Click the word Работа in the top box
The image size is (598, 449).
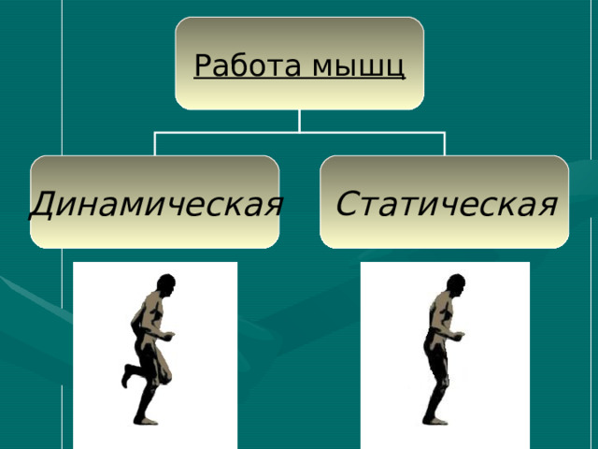tap(248, 65)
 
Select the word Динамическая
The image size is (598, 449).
tap(156, 204)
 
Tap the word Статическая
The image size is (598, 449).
tap(447, 204)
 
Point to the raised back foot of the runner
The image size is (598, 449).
tap(127, 375)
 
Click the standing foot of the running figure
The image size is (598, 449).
tap(146, 421)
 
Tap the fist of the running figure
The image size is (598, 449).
tap(168, 336)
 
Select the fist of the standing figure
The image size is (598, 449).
tap(459, 336)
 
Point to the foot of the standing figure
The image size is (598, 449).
tap(435, 421)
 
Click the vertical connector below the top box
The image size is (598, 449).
tap(299, 121)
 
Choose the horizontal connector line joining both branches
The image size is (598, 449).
tap(299, 133)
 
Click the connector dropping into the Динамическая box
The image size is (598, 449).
tap(154, 144)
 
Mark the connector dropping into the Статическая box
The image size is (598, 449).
tap(445, 144)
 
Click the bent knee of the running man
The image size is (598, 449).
tap(166, 377)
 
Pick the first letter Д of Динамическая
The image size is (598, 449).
tap(42, 205)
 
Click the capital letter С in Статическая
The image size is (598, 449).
tap(348, 203)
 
